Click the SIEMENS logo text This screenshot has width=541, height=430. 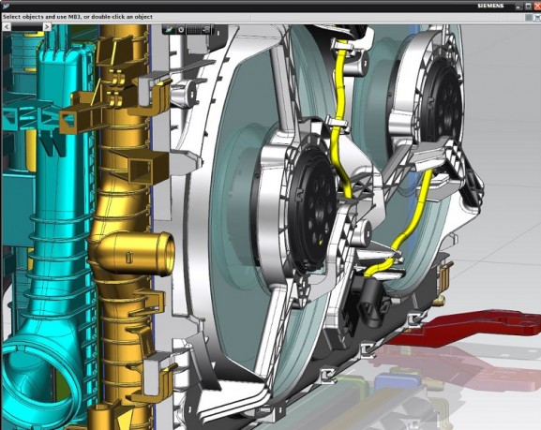[x=490, y=6]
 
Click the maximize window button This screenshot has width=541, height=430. [x=528, y=6]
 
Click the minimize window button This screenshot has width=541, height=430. [x=519, y=6]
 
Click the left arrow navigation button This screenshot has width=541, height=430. [x=7, y=26]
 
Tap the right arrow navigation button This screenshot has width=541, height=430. [x=47, y=26]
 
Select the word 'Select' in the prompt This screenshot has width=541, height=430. [x=11, y=17]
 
